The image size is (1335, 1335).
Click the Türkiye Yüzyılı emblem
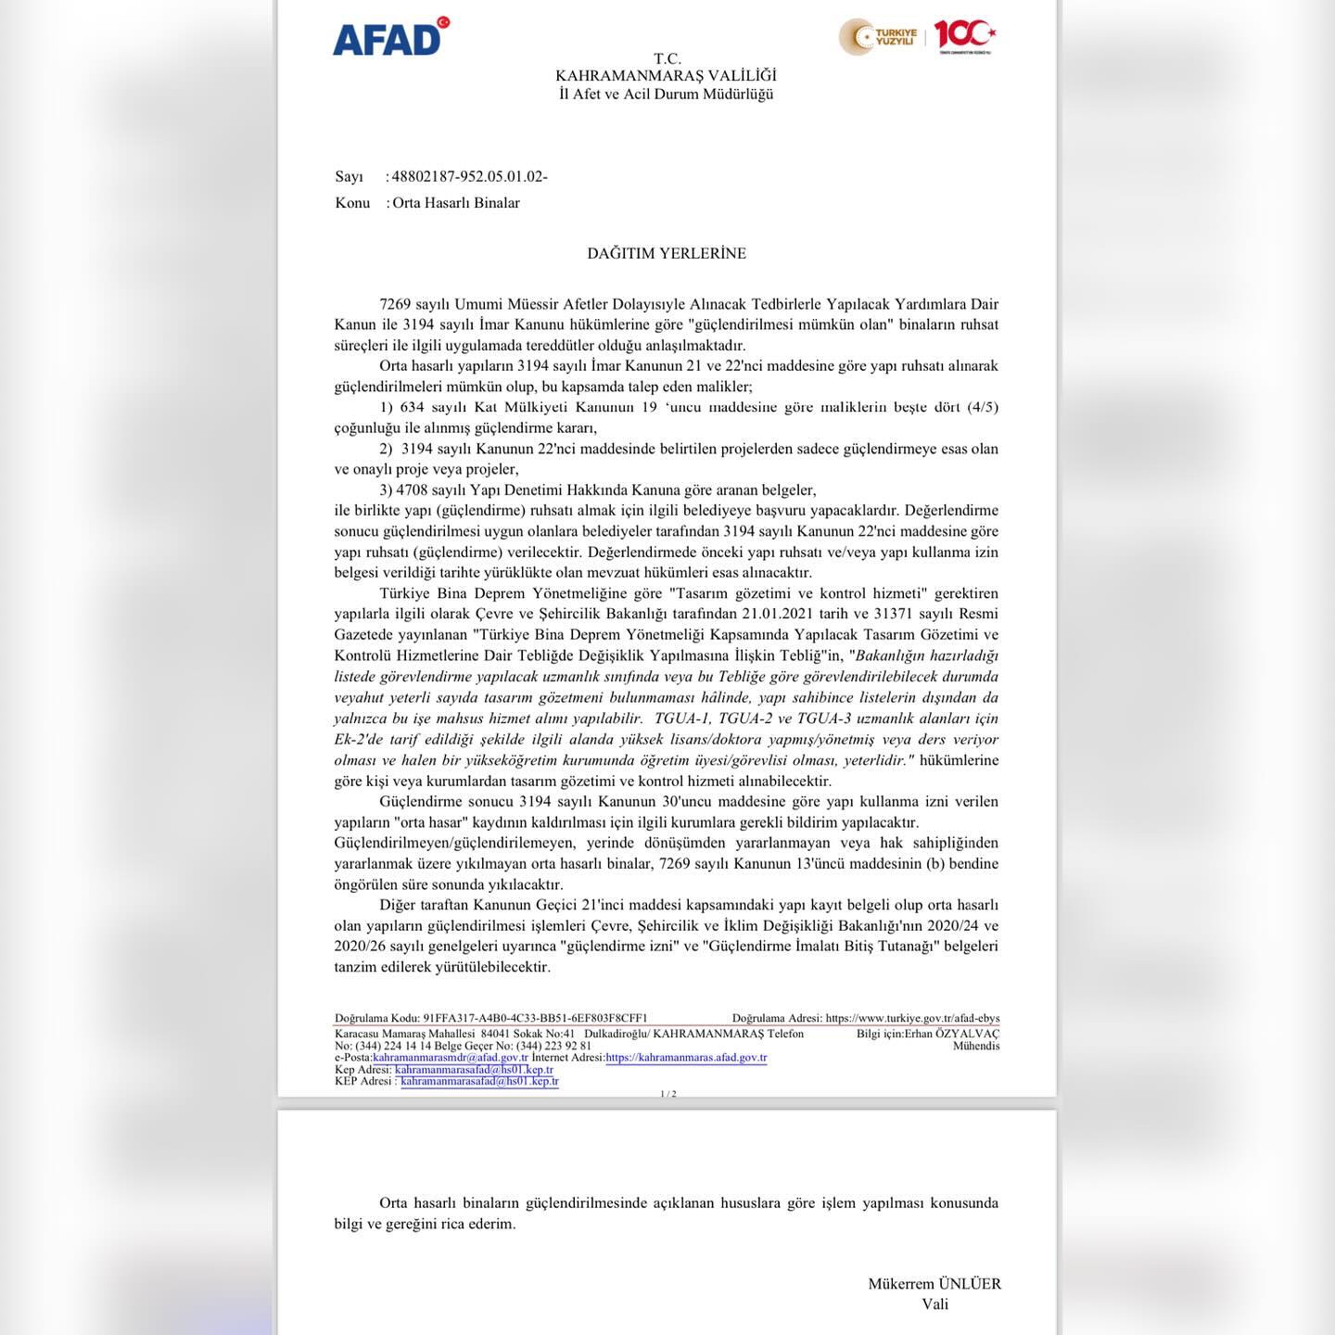point(879,37)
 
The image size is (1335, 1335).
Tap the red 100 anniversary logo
point(964,35)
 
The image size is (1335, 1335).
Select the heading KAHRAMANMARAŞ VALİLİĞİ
point(666,76)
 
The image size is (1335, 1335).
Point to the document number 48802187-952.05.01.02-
point(469,176)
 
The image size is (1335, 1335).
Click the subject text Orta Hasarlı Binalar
point(456,203)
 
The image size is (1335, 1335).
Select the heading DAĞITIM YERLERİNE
point(666,253)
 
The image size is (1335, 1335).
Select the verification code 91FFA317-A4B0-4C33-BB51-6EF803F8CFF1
point(535,1018)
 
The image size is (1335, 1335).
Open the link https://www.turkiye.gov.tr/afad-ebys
point(912,1018)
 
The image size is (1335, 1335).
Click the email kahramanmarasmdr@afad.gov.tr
point(451,1058)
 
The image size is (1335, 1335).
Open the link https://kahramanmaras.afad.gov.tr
point(686,1058)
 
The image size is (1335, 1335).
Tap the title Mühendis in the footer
point(976,1046)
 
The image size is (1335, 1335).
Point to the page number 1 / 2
point(667,1094)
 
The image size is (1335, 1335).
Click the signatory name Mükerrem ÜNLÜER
point(934,1284)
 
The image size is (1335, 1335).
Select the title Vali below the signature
point(934,1304)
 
